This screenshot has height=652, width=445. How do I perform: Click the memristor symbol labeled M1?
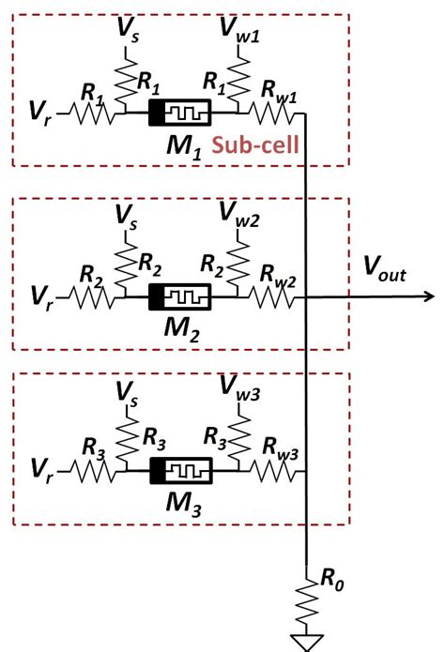(x=179, y=117)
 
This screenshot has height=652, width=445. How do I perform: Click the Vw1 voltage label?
(x=240, y=28)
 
